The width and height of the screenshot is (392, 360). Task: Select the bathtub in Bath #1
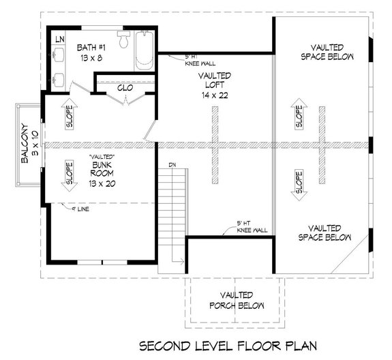[x=145, y=50]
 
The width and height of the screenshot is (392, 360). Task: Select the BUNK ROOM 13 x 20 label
[x=101, y=173]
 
